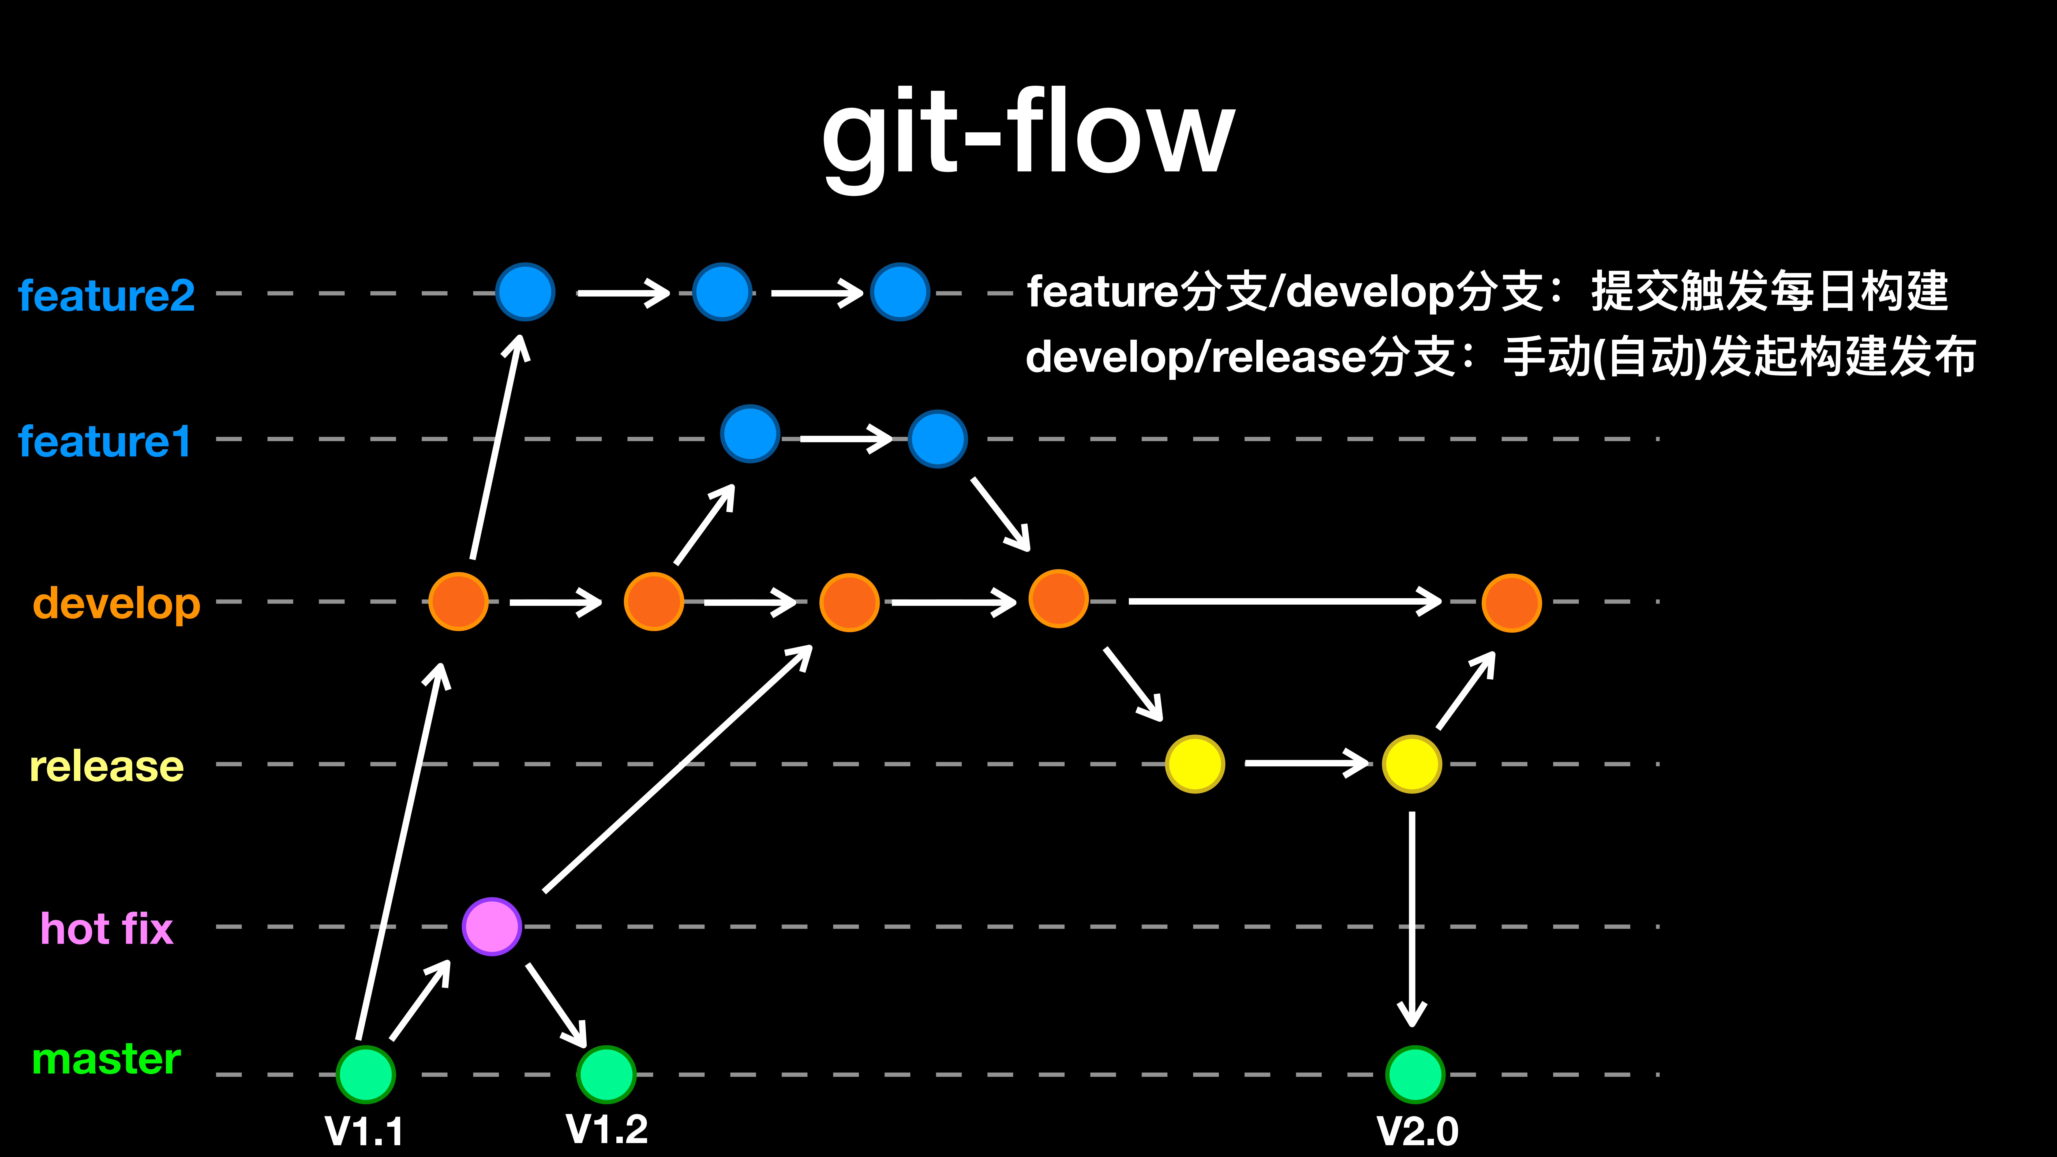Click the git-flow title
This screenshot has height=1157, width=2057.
1029,136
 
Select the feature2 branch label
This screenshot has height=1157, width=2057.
106,295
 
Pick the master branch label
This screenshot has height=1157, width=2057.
106,1059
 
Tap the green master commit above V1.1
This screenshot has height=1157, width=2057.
366,1074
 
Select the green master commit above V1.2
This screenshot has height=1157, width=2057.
606,1074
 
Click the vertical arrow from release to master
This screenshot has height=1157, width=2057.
1412,918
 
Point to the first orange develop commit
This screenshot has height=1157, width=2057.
458,601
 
